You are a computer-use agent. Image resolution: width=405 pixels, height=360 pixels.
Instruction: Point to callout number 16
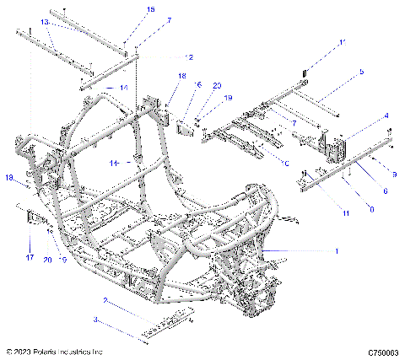pos(198,85)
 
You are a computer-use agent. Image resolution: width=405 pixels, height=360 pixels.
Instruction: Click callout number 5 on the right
pos(362,73)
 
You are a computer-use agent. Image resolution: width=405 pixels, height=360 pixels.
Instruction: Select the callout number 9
pos(393,173)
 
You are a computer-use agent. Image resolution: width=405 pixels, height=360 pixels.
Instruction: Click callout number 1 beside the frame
pos(338,250)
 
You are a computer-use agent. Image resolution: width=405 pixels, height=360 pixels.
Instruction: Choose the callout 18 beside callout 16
pos(181,76)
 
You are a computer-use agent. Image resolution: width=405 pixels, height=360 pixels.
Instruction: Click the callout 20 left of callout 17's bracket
pos(48,259)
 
